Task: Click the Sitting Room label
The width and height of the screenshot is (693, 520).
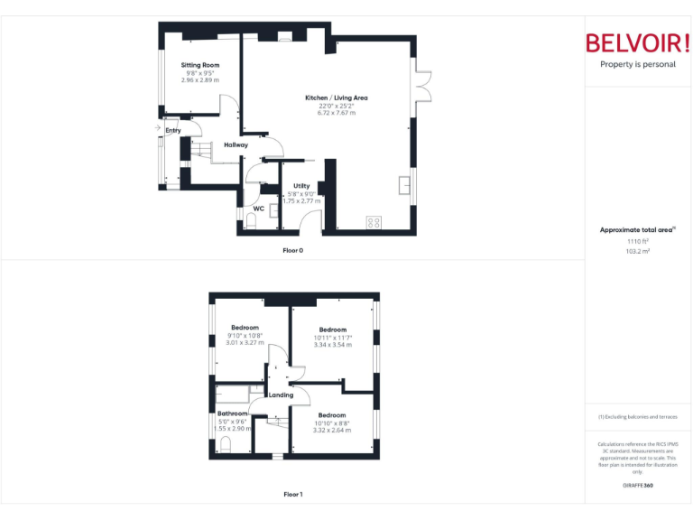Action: coord(199,66)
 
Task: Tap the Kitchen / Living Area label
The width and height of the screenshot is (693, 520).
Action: coord(336,97)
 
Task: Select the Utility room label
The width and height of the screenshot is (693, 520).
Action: coord(301,186)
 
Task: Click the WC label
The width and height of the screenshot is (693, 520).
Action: coord(258,209)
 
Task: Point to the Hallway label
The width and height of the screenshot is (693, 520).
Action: coord(236,144)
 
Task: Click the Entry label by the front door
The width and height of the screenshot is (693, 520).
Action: coord(173,131)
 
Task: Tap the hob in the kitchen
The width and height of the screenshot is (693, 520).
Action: coord(374,222)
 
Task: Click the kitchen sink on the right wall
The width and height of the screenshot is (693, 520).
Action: coord(404,186)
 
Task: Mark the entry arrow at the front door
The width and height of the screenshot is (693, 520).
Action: coord(159,128)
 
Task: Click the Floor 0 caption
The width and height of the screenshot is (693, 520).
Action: coord(292,250)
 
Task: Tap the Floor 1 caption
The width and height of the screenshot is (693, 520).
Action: coord(292,494)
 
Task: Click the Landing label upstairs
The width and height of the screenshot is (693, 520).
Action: coord(281,395)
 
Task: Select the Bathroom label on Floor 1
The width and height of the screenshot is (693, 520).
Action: coord(232,413)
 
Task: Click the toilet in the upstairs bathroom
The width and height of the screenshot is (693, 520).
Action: coord(226,443)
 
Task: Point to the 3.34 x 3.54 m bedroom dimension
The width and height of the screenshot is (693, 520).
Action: coord(332,345)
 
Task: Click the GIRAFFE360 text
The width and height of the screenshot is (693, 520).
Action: coord(638,486)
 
